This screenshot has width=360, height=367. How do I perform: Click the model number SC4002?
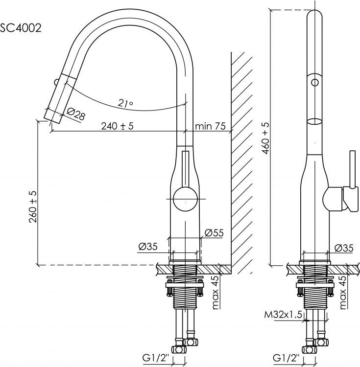coord(21,28)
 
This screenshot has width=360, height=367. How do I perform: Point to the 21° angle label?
coord(125,103)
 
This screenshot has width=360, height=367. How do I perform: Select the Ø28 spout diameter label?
coord(76,114)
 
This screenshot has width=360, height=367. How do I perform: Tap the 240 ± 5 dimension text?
coord(117,126)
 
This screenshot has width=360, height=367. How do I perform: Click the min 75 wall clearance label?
coord(210,126)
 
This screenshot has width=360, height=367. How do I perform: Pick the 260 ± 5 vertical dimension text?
coord(33,206)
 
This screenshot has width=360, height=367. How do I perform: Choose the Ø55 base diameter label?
coord(214,232)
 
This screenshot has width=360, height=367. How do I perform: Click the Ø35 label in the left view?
coord(148,247)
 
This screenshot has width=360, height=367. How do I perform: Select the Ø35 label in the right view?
coord(344,248)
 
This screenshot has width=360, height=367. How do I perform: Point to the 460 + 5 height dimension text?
coord(265,138)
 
